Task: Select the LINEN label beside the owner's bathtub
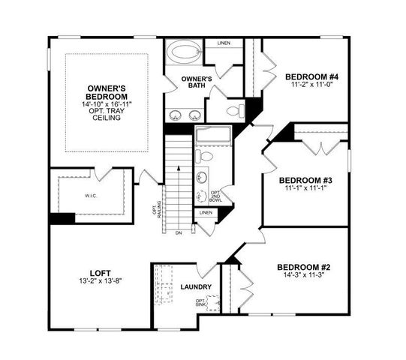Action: click(x=224, y=43)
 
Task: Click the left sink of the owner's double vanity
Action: click(x=176, y=115)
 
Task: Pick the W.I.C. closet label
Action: click(x=92, y=199)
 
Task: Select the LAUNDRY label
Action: click(x=196, y=286)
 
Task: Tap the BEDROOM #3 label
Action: click(x=305, y=180)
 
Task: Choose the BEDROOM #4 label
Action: click(x=311, y=76)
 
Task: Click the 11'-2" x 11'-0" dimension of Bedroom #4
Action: click(x=311, y=85)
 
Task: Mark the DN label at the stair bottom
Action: click(x=178, y=233)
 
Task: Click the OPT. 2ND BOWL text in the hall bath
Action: click(x=215, y=196)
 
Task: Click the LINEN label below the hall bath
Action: click(x=205, y=213)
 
